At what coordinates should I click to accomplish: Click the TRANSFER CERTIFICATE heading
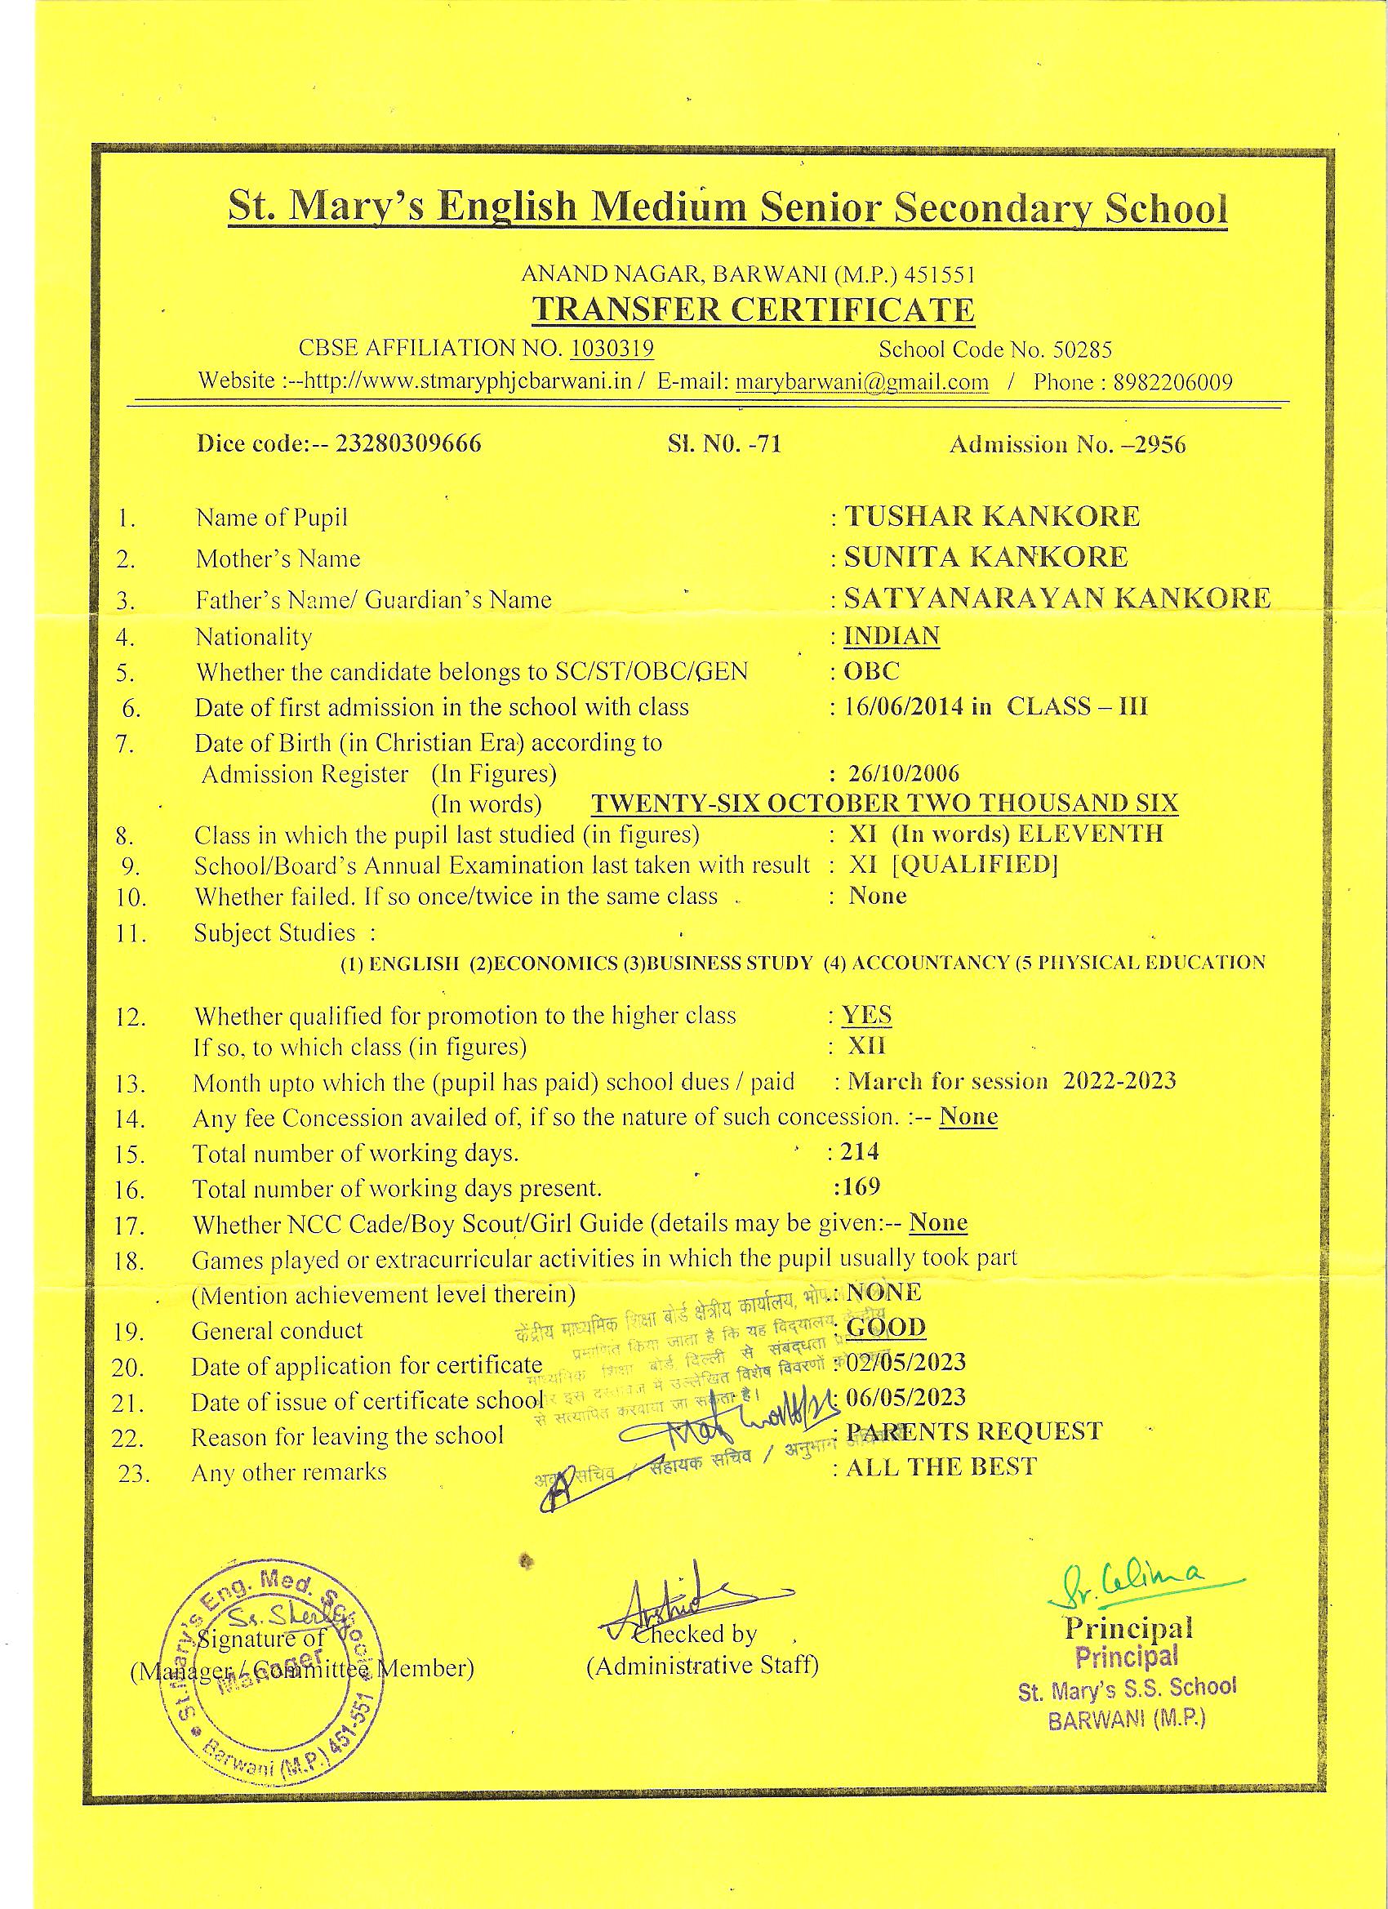tap(753, 309)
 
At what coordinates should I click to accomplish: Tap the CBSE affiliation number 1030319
tap(612, 348)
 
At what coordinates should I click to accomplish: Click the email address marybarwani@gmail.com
tap(862, 382)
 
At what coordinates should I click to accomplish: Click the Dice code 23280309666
tap(408, 443)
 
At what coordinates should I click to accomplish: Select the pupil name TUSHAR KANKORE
tap(991, 516)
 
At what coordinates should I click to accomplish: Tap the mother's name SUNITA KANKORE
tap(985, 556)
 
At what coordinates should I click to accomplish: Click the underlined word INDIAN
tap(892, 635)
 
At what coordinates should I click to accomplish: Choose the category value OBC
tap(872, 671)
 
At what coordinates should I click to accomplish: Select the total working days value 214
tap(859, 1151)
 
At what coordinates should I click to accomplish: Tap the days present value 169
tap(861, 1187)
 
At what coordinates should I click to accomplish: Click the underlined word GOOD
tap(886, 1328)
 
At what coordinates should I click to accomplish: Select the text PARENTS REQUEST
tap(974, 1432)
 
